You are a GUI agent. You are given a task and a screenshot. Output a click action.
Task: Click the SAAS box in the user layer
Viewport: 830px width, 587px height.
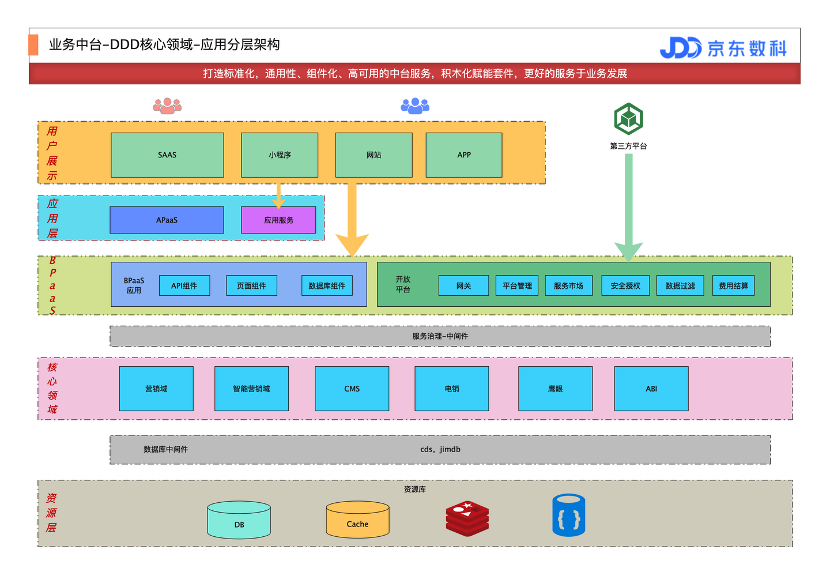point(167,155)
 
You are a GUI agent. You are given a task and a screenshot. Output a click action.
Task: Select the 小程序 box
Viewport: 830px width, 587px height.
point(280,155)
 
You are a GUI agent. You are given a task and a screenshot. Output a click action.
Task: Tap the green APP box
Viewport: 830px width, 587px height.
point(464,155)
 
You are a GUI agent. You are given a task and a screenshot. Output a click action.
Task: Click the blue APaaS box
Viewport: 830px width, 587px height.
point(167,220)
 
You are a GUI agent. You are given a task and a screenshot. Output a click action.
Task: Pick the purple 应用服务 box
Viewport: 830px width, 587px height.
point(278,220)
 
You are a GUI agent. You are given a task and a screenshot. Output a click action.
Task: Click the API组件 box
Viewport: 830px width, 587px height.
point(184,285)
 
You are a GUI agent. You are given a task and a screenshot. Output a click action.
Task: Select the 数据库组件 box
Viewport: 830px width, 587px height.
point(327,285)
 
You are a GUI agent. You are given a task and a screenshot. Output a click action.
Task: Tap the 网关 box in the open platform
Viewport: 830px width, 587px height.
point(463,285)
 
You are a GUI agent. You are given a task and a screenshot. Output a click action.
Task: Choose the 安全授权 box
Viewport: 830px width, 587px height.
point(625,285)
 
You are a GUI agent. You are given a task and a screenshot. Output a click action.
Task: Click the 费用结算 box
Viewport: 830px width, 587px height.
point(733,285)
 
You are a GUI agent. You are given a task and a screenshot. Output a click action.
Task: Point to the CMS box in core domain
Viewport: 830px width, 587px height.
point(352,389)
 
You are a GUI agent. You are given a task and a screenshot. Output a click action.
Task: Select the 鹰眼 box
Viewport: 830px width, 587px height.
point(555,389)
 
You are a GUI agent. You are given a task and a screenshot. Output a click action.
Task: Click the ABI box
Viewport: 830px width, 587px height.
point(651,389)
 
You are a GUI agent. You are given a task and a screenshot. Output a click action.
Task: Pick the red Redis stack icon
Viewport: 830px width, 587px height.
point(467,518)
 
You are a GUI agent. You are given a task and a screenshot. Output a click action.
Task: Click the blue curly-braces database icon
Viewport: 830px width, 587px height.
point(569,515)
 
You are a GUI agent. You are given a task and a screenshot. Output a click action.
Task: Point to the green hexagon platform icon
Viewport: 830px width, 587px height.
point(628,119)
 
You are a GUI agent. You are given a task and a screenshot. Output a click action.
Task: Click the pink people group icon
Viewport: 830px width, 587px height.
point(167,106)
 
